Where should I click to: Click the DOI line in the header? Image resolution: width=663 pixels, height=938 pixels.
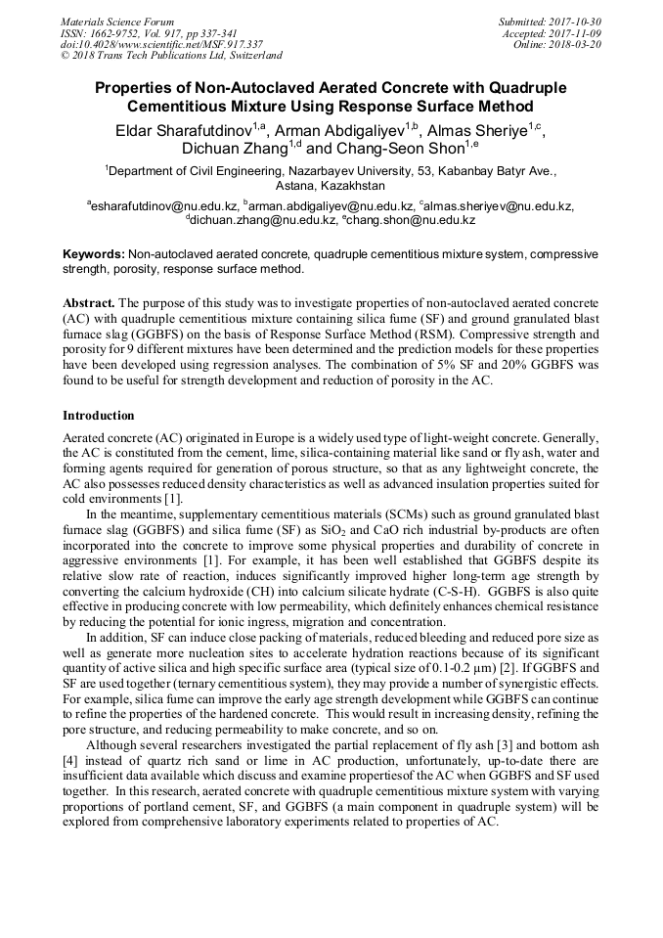click(161, 45)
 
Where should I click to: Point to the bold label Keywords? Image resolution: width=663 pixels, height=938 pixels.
click(94, 254)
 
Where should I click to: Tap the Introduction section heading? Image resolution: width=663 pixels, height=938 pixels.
click(98, 416)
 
